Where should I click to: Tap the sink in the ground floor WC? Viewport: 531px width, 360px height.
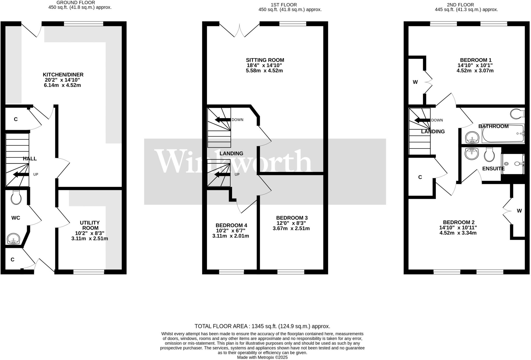(13, 239)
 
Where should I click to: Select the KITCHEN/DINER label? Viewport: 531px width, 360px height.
(64, 75)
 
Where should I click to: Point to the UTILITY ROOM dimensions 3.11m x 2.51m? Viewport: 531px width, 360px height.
(90, 238)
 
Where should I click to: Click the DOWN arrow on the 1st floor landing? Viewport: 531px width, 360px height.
(222, 120)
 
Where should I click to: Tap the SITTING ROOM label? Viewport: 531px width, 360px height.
(265, 60)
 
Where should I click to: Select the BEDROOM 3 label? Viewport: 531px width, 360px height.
(292, 218)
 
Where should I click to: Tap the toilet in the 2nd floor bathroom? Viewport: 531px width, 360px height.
(517, 114)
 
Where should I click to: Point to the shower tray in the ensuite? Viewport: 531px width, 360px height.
(513, 163)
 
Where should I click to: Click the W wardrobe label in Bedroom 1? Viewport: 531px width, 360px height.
(415, 82)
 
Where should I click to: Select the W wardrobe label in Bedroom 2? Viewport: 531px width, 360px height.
(519, 211)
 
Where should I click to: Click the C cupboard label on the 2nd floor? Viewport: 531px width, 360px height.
(420, 177)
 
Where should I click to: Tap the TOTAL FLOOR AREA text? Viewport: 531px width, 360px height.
(262, 326)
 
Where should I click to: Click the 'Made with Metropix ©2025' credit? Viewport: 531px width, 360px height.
(262, 357)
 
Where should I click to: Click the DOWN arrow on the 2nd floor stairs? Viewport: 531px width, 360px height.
(422, 120)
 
